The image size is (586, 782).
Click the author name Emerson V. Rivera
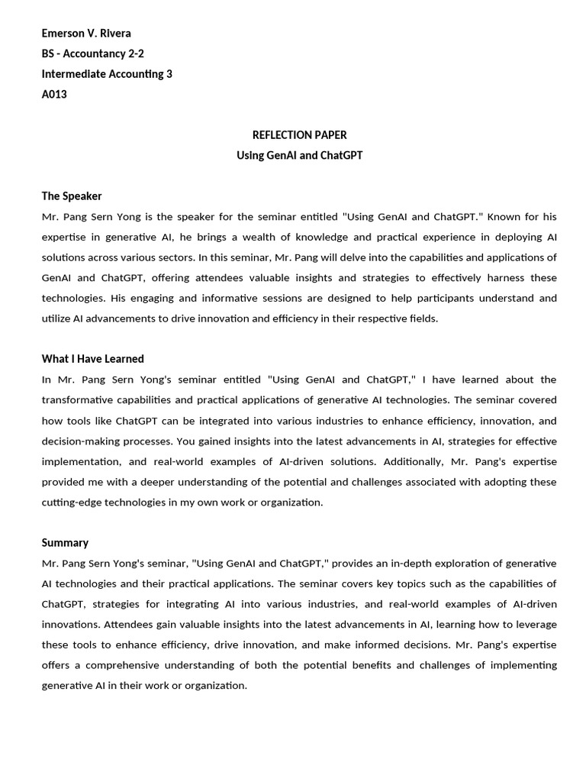pyautogui.click(x=85, y=33)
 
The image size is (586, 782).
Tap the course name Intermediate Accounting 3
pyautogui.click(x=107, y=74)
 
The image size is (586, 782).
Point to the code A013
pyautogui.click(x=54, y=95)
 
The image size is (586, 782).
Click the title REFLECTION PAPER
pyautogui.click(x=299, y=135)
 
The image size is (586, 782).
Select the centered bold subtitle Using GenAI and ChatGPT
pyautogui.click(x=299, y=156)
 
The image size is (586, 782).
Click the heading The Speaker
pyautogui.click(x=72, y=196)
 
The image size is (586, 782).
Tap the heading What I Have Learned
pyautogui.click(x=92, y=359)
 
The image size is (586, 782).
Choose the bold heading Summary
pyautogui.click(x=65, y=543)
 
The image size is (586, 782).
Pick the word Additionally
pyautogui.click(x=413, y=462)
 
